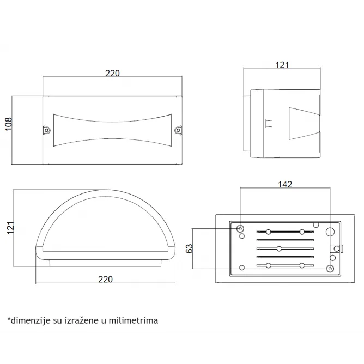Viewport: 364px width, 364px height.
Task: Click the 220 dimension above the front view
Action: click(112, 74)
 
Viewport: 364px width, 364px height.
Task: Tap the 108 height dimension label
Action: click(8, 124)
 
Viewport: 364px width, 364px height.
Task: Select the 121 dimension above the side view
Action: click(282, 65)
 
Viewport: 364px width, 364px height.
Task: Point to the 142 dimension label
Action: click(285, 184)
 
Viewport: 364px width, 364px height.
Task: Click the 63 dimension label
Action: click(190, 248)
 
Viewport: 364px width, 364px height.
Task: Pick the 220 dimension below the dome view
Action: click(105, 279)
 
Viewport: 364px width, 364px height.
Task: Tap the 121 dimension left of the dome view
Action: click(10, 228)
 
